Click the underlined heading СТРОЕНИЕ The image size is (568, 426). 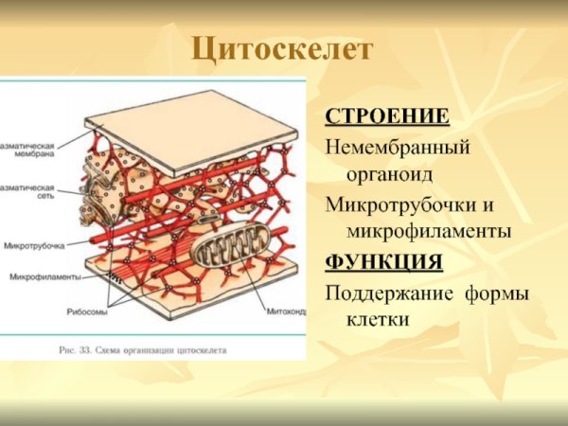point(386,116)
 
